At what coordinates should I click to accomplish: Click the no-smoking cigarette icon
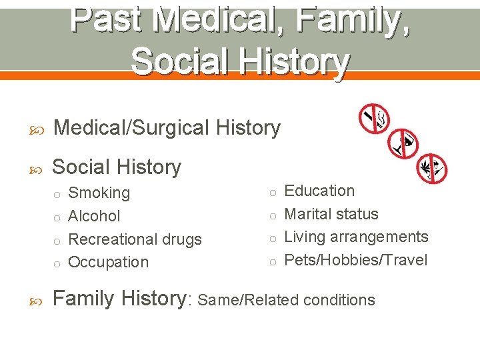(x=374, y=117)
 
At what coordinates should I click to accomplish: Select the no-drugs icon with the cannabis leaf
(x=431, y=167)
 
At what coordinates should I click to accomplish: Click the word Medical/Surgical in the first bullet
(x=131, y=127)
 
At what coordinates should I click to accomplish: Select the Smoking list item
(x=99, y=193)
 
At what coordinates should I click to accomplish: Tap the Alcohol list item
(x=95, y=216)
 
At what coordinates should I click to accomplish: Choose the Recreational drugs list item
(x=135, y=239)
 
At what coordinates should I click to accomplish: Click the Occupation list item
(x=109, y=262)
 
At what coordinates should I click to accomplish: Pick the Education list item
(x=319, y=191)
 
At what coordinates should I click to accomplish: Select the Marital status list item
(x=331, y=214)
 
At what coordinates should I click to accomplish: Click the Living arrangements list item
(x=356, y=237)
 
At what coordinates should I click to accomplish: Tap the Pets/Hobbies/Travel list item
(x=356, y=260)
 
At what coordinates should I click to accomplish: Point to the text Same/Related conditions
(x=287, y=300)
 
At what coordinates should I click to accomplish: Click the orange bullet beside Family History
(x=34, y=299)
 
